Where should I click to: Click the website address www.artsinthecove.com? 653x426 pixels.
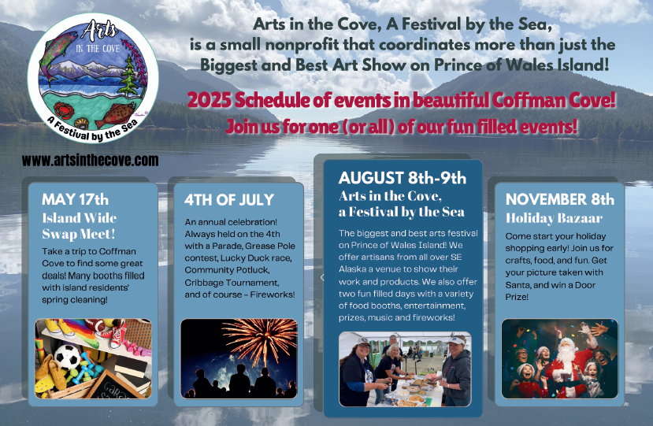(90, 161)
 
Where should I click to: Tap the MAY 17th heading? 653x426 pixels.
(75, 199)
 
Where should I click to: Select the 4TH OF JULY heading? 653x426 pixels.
(229, 200)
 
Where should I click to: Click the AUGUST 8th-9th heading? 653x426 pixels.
(403, 178)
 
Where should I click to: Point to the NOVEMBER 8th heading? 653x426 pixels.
(560, 199)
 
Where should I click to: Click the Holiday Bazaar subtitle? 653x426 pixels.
(554, 218)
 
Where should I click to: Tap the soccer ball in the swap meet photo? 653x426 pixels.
(67, 357)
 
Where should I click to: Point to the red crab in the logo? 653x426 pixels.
(64, 111)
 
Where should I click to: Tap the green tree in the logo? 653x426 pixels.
(129, 76)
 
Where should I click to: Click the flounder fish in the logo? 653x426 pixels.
(115, 114)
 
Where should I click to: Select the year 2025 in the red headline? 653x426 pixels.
(208, 100)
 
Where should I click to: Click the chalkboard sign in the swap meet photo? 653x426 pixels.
(117, 385)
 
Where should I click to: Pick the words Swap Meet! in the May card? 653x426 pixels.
(78, 234)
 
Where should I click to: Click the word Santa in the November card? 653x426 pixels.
(518, 285)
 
